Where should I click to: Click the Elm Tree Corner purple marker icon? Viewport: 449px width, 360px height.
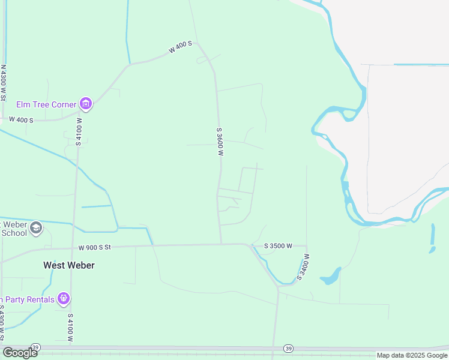pyautogui.click(x=86, y=104)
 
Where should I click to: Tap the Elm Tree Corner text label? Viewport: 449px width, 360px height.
pyautogui.click(x=46, y=104)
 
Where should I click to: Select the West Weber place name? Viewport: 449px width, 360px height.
pyautogui.click(x=68, y=265)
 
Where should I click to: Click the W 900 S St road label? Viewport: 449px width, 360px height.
pyautogui.click(x=95, y=247)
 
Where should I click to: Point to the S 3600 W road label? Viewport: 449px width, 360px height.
pyautogui.click(x=220, y=142)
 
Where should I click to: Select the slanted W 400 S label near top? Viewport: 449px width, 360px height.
pyautogui.click(x=180, y=47)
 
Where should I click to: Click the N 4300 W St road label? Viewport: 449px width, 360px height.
pyautogui.click(x=3, y=82)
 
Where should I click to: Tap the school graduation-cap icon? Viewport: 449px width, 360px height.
pyautogui.click(x=36, y=228)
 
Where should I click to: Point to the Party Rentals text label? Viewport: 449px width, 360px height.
pyautogui.click(x=27, y=299)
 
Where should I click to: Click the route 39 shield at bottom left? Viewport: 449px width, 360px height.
pyautogui.click(x=35, y=347)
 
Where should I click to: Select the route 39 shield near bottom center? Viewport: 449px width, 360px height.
pyautogui.click(x=289, y=348)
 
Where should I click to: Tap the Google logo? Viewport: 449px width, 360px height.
pyautogui.click(x=19, y=352)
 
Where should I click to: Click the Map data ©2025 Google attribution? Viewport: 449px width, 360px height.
pyautogui.click(x=412, y=355)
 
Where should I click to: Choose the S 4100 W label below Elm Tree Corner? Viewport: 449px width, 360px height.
pyautogui.click(x=78, y=131)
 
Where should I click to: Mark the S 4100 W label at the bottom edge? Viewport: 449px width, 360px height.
pyautogui.click(x=70, y=328)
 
